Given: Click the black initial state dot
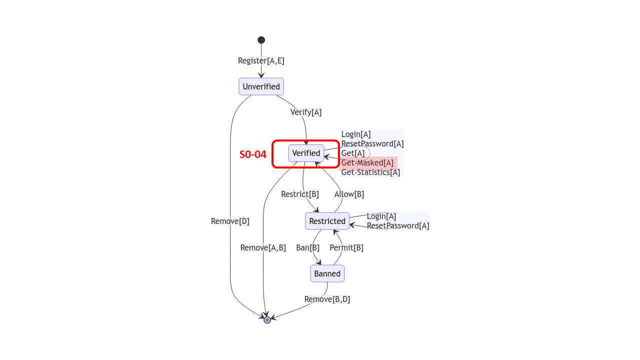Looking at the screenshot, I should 261,40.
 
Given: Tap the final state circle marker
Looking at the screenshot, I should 267,320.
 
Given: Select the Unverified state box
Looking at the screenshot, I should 261,86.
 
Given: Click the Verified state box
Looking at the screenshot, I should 306,153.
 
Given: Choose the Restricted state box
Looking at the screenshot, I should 327,221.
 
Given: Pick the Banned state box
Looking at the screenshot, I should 327,273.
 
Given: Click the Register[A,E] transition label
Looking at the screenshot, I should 261,61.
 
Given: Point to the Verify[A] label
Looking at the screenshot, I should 306,112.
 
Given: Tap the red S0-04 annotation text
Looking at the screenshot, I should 253,154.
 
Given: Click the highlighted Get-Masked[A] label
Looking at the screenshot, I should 367,163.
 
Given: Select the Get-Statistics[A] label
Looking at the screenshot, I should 370,172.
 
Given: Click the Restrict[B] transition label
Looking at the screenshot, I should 300,194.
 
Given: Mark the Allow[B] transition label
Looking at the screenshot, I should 349,194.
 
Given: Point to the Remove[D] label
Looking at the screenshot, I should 230,221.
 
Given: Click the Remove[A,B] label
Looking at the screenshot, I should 263,248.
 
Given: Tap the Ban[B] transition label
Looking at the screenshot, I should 307,248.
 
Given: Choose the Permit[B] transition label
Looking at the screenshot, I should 346,248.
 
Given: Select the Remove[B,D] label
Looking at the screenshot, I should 327,299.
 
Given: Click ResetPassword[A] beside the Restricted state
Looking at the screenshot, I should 398,226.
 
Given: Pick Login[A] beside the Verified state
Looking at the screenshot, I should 356,134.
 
